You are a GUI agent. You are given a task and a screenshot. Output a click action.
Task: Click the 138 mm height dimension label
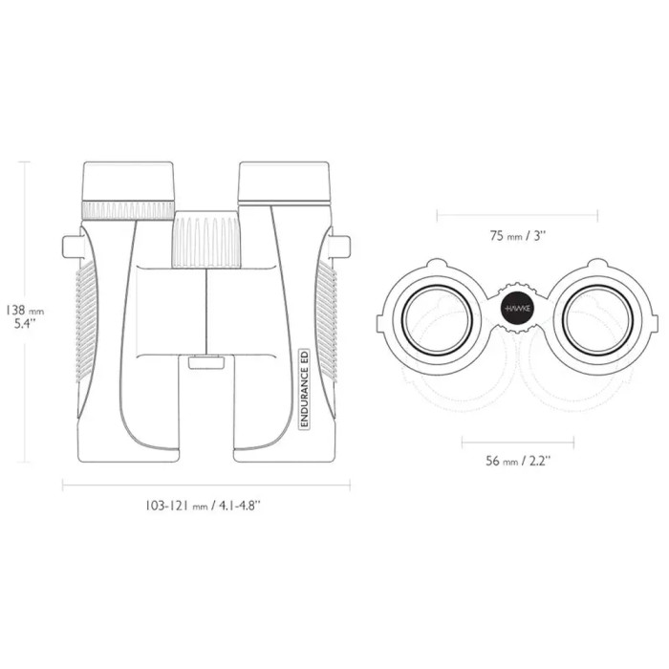click(25, 316)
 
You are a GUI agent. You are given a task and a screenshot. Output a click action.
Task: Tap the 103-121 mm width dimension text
click(203, 506)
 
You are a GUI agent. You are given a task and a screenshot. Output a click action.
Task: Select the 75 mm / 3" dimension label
click(518, 235)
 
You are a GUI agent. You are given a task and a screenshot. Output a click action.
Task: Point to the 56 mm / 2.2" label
click(518, 461)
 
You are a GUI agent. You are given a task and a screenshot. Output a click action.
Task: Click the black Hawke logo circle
click(517, 308)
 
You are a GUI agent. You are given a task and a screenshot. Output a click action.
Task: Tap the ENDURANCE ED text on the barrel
click(305, 388)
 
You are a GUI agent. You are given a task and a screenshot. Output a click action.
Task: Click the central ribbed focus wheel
click(206, 239)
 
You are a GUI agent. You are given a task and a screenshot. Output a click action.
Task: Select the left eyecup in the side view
click(128, 181)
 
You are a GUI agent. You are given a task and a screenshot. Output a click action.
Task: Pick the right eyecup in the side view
click(284, 181)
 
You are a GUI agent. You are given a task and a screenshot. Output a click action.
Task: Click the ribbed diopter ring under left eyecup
click(128, 210)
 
